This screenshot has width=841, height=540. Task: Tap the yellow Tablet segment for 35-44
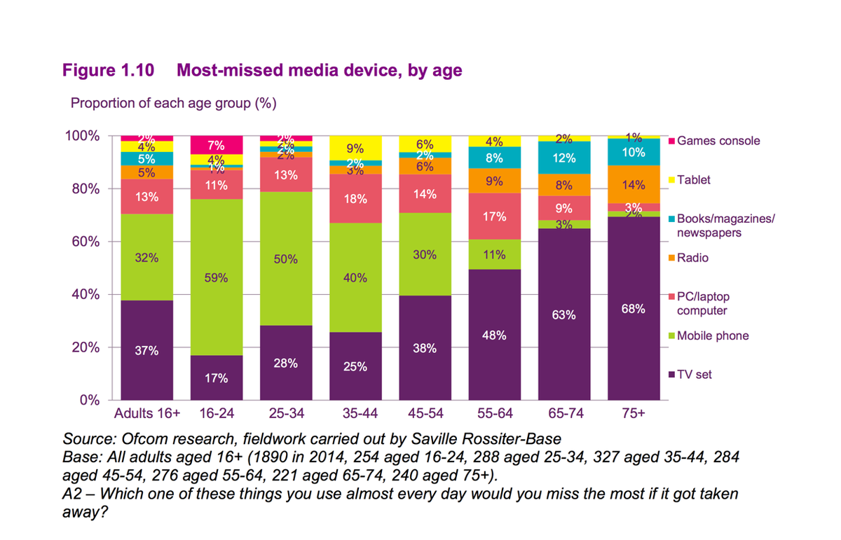click(355, 148)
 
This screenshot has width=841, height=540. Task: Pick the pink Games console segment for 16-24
click(216, 145)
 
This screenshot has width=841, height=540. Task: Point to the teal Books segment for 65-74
click(563, 158)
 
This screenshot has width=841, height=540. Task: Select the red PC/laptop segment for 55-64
click(494, 216)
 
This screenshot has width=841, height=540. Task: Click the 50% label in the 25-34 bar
click(285, 259)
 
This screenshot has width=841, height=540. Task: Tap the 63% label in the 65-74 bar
click(563, 315)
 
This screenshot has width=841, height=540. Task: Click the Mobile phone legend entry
click(712, 335)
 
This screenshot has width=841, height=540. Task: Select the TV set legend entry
click(694, 375)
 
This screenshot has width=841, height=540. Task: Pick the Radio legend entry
click(692, 258)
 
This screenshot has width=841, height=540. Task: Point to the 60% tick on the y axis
click(88, 242)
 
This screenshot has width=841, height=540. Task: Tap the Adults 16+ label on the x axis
click(146, 414)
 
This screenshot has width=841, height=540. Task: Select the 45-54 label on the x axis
click(424, 414)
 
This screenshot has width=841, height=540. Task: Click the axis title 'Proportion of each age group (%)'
click(173, 103)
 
